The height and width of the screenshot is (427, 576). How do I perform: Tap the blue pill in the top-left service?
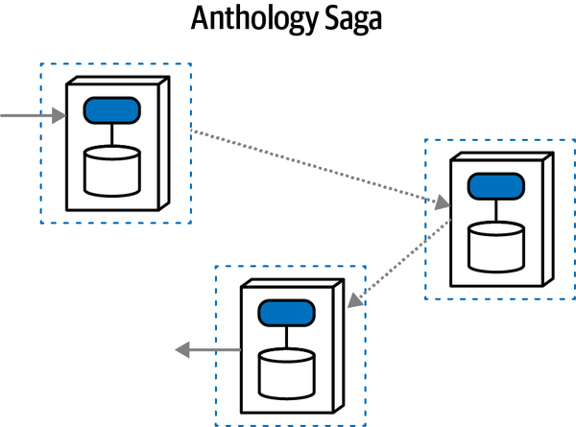(x=112, y=111)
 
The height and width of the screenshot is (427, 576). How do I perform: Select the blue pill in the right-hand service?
(x=496, y=185)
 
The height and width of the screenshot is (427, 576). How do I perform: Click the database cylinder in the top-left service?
(x=112, y=170)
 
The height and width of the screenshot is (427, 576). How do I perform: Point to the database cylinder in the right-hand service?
(x=496, y=246)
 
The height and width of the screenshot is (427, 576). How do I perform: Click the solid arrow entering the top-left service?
(x=29, y=116)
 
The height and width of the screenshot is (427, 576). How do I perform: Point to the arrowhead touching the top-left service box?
(x=59, y=116)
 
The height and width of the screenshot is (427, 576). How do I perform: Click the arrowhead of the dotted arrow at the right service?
(x=442, y=203)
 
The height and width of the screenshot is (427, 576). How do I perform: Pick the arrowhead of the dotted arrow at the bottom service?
(x=354, y=299)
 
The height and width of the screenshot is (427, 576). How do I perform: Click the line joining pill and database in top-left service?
(x=112, y=134)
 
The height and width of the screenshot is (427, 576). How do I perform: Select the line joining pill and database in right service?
(x=496, y=209)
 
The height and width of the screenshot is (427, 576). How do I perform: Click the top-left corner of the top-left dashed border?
(x=40, y=64)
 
